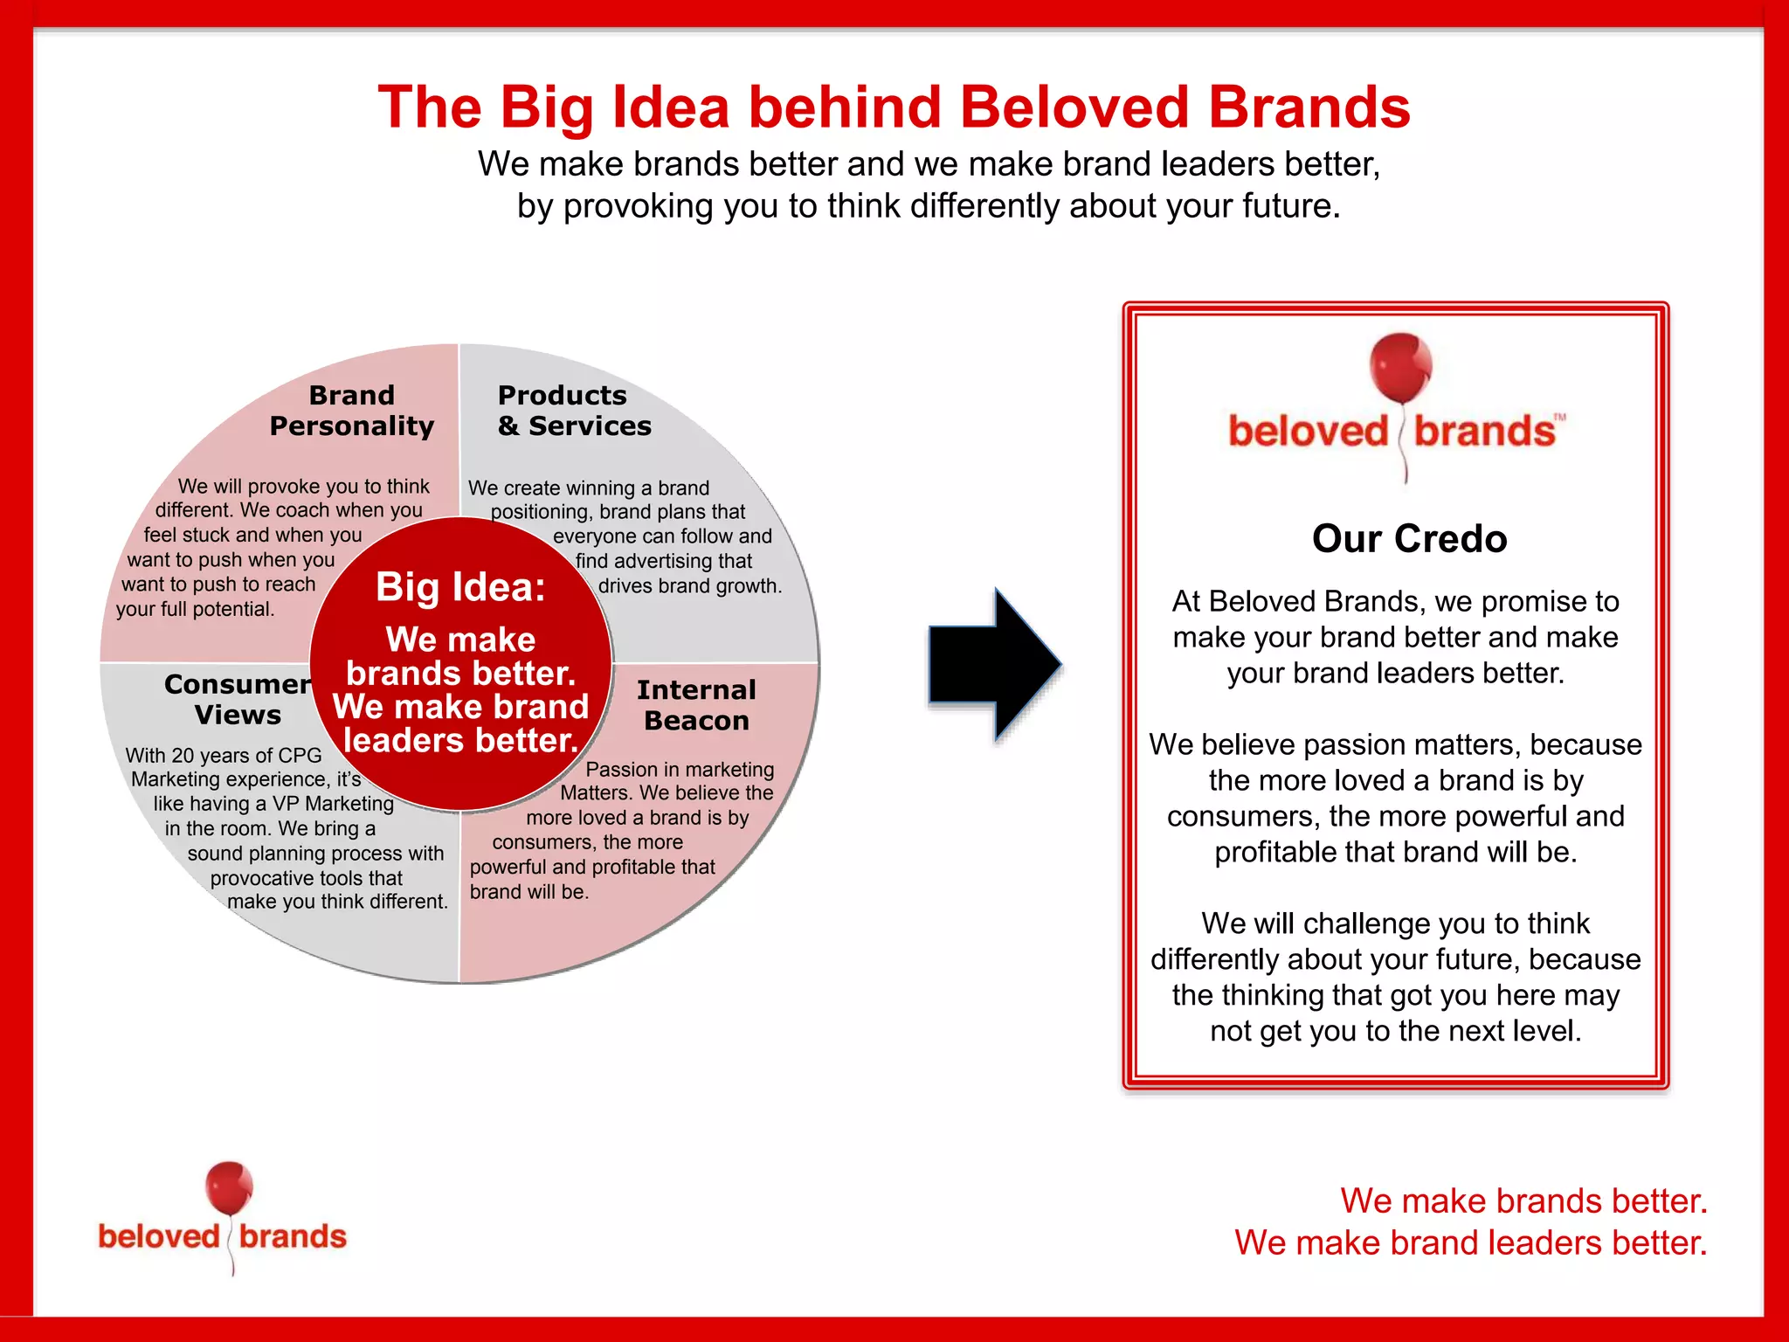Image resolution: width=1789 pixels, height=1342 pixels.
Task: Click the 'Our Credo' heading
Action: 1409,538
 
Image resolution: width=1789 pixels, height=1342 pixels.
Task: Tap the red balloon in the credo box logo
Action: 1400,365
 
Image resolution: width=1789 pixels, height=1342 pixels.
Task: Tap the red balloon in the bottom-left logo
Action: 229,1188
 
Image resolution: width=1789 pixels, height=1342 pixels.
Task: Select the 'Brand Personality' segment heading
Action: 351,411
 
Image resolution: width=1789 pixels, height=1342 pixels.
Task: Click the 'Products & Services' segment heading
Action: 574,411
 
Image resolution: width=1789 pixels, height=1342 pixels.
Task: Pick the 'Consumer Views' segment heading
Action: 237,699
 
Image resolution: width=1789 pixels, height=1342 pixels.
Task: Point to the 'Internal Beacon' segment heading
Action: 696,705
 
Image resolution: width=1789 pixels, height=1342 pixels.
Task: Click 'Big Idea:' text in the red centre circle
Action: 460,587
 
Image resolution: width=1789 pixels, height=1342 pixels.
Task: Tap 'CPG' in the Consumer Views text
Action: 300,755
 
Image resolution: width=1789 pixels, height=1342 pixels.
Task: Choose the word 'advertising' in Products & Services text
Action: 664,561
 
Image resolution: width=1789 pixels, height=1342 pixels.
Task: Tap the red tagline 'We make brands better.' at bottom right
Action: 1523,1201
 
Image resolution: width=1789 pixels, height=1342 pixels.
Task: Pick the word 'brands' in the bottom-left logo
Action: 293,1236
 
